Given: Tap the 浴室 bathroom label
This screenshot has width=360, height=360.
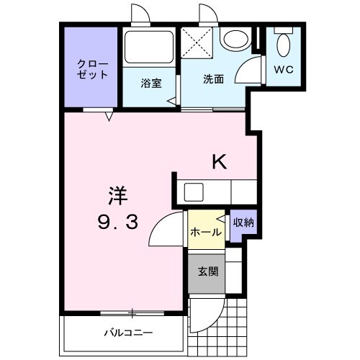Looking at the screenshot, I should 150,82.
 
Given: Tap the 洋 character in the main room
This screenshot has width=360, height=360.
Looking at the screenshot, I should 117,194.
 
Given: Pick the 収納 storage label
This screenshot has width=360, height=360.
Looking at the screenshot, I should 243,222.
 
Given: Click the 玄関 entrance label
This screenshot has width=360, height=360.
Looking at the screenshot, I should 208,272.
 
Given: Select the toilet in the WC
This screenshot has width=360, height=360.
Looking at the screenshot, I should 283,47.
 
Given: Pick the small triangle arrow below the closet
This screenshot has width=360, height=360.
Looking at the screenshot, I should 110,115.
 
